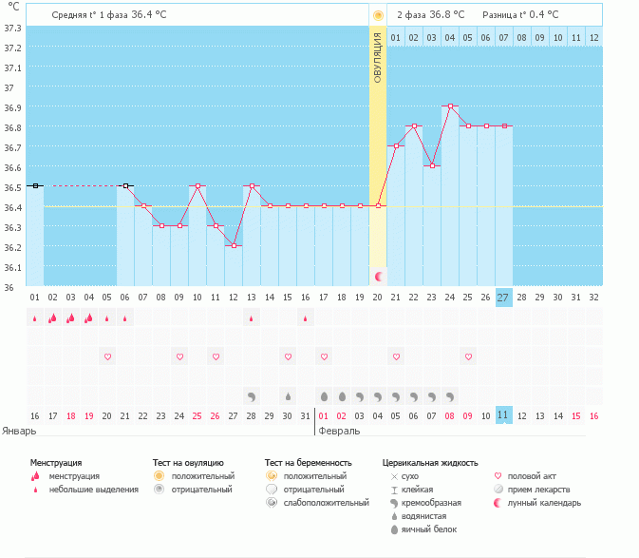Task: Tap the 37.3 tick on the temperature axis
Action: coord(12,28)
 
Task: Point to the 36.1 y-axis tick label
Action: coord(12,268)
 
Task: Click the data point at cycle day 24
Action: coord(450,106)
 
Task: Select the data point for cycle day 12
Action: coord(234,245)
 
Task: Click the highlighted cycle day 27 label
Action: coord(503,298)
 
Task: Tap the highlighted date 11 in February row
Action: coord(503,415)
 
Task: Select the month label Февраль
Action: coord(339,430)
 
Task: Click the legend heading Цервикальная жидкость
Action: coord(428,463)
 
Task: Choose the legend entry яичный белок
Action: coord(426,529)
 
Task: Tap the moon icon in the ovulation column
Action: coord(378,276)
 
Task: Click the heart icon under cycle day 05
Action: coord(107,356)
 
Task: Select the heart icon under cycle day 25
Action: coord(467,356)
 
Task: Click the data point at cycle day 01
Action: coord(35,186)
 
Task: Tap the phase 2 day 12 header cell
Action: coord(593,37)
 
